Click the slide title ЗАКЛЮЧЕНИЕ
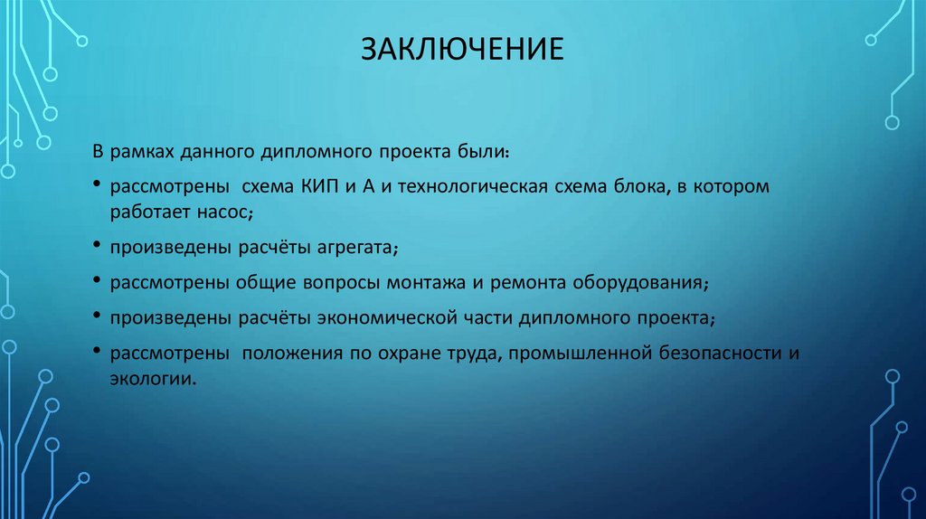(x=462, y=49)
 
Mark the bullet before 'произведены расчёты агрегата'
(x=97, y=246)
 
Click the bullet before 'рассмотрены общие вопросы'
(x=97, y=282)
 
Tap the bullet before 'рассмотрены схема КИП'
(x=97, y=186)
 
